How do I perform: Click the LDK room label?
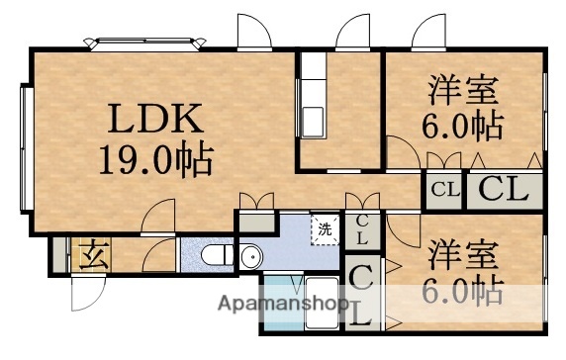156,120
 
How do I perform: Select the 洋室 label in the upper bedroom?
463,90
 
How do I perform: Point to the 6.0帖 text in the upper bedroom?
463,126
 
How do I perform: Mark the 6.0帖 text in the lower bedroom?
463,291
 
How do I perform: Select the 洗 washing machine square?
324,229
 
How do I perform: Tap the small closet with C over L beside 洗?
362,230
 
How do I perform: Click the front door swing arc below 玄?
87,291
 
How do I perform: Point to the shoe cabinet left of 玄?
61,254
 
